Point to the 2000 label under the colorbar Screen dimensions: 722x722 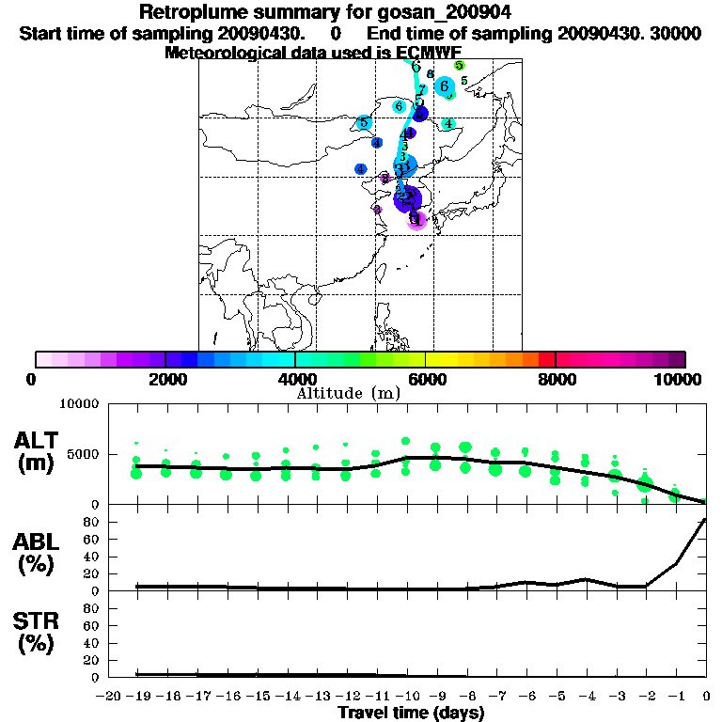tap(165, 379)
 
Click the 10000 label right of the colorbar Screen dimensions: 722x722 tap(678, 379)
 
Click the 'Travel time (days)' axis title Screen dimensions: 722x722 tap(411, 713)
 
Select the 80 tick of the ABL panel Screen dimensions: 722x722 tap(91, 522)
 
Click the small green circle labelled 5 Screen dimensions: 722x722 tap(459, 65)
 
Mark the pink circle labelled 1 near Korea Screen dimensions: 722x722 tap(418, 220)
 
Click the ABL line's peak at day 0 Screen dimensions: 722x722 tap(706, 519)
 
